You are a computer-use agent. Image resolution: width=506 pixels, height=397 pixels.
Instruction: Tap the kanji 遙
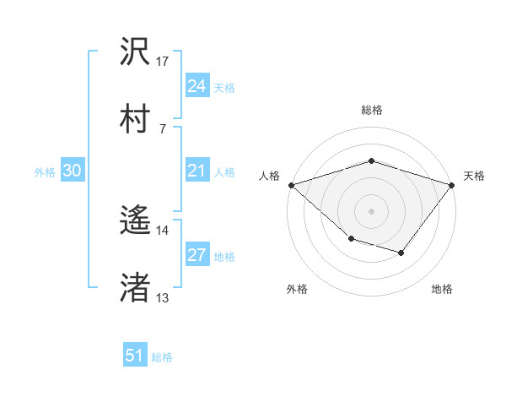(x=136, y=220)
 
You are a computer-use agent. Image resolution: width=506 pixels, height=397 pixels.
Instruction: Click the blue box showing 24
(x=196, y=86)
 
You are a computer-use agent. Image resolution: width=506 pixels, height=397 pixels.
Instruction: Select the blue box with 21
(x=196, y=171)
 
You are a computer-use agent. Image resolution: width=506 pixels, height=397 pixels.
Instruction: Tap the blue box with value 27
(x=196, y=256)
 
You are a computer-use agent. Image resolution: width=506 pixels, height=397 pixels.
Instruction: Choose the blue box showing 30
(x=73, y=171)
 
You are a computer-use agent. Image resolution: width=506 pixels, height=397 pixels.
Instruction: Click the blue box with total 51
(x=135, y=356)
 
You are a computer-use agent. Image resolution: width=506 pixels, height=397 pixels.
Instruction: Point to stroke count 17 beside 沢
(x=163, y=62)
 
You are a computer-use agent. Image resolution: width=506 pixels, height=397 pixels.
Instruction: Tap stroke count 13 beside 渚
(x=163, y=297)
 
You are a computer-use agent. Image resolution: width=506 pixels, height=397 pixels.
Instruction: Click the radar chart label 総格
(x=371, y=110)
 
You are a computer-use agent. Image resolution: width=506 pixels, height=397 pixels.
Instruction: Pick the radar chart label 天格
(x=474, y=176)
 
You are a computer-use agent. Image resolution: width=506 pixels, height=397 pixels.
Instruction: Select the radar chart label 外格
(x=297, y=289)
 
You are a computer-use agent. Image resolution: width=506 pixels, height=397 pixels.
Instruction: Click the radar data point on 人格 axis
(x=291, y=184)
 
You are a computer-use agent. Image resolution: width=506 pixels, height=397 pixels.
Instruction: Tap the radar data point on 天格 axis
(x=452, y=184)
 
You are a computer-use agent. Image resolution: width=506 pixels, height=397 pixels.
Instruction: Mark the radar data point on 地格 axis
(x=401, y=253)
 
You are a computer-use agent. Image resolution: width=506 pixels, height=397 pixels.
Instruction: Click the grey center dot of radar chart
(x=371, y=210)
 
